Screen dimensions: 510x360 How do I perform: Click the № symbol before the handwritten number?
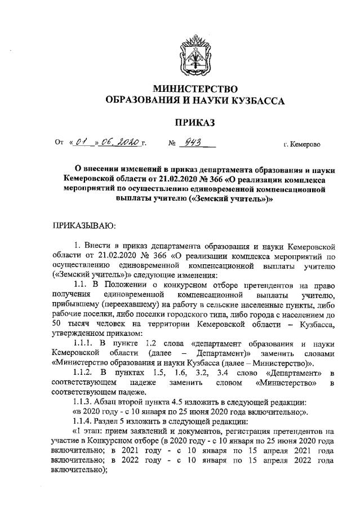(173, 144)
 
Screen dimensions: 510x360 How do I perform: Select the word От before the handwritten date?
(59, 144)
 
